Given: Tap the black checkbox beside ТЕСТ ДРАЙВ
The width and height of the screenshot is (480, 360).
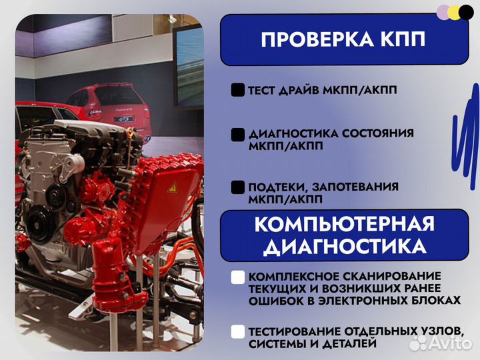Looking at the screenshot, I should point(237,91).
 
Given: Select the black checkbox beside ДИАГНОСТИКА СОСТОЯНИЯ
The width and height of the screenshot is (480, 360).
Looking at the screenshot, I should point(237,135).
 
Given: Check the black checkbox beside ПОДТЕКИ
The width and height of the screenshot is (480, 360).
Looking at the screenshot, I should point(237,187).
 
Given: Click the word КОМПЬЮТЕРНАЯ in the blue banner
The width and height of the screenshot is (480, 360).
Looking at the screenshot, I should point(344,225).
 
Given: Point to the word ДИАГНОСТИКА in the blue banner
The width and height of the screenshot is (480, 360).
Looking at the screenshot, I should point(344,247).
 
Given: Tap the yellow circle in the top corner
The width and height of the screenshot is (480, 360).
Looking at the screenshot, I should point(453,12).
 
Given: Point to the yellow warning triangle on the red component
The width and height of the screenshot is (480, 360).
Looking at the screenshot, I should point(172,188).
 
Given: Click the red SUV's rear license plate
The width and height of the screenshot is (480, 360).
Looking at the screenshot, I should point(122,119).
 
